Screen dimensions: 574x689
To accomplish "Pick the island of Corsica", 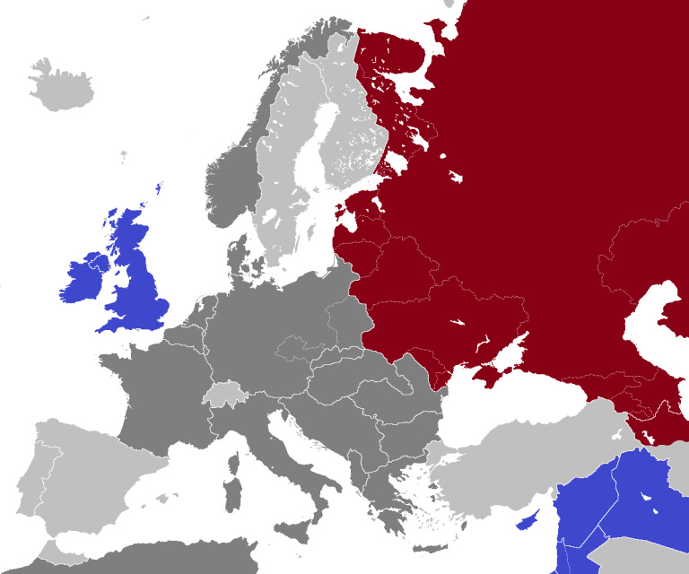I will pos(236,465).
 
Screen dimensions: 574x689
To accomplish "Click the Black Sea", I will pos(502,404).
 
